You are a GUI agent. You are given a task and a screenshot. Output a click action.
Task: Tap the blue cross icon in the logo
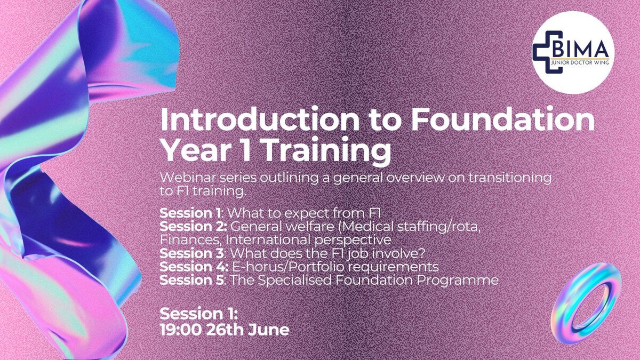(x=547, y=52)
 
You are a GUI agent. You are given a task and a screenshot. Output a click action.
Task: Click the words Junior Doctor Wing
(x=580, y=62)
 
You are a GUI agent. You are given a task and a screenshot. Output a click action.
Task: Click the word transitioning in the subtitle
(x=510, y=178)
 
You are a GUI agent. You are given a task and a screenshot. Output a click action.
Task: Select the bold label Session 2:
(x=194, y=227)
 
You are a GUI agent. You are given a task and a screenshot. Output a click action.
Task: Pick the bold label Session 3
(x=191, y=253)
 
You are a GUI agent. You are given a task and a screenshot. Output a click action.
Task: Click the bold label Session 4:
(x=194, y=267)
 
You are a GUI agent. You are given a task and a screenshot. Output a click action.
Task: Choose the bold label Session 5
(x=191, y=280)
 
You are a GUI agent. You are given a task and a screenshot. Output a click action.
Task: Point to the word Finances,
(x=190, y=241)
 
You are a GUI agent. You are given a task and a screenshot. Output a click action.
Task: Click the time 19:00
(x=181, y=330)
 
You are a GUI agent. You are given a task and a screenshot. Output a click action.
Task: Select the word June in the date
(x=269, y=330)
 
